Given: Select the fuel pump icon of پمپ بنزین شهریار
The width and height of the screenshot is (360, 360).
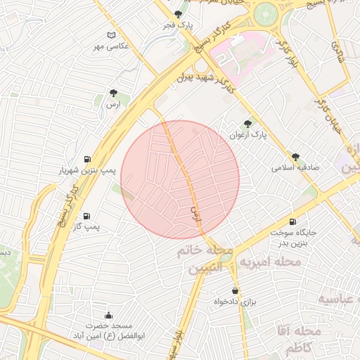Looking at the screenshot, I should (x=86, y=159).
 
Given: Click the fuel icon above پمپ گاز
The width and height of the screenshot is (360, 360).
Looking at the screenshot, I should (x=86, y=216).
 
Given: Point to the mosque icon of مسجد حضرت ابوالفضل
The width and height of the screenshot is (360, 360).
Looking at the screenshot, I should (x=108, y=315).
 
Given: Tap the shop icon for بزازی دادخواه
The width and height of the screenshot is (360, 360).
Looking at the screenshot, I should (x=234, y=290).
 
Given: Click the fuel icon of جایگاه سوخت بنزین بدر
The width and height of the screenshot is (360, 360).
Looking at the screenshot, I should (x=292, y=221).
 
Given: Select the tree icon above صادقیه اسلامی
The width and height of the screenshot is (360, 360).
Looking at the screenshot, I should (x=295, y=157).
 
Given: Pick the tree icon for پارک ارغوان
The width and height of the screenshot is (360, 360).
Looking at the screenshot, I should (x=247, y=124).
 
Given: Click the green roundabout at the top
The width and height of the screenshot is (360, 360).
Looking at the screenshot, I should (x=266, y=13).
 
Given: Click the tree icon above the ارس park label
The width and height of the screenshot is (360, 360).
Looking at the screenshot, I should (x=113, y=92).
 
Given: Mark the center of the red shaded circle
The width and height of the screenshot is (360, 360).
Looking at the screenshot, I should (x=180, y=179).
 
